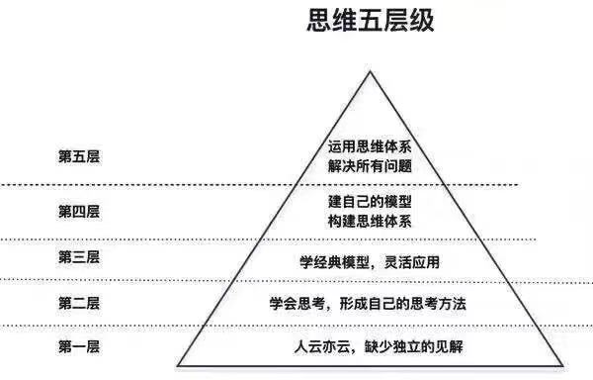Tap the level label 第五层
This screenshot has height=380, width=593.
(79, 156)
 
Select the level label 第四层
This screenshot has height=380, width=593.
(79, 211)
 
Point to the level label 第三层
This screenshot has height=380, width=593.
(79, 257)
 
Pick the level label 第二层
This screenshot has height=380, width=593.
(79, 302)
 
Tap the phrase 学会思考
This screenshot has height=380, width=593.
(295, 303)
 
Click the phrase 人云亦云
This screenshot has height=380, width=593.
(317, 347)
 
